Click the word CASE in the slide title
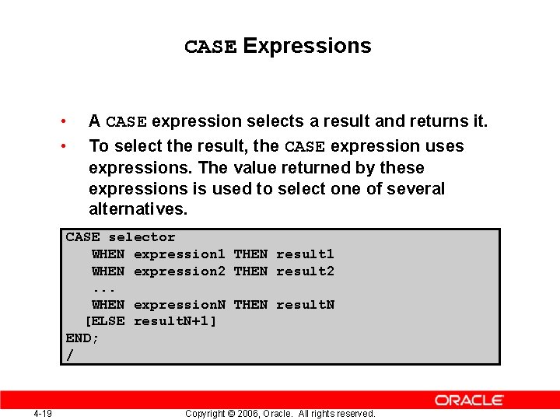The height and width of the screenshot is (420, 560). click(210, 47)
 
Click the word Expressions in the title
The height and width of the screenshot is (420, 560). click(307, 47)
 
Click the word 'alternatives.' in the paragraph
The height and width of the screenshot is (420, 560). click(138, 209)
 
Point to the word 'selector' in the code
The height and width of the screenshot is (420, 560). click(142, 237)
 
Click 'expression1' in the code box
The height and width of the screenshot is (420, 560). click(179, 254)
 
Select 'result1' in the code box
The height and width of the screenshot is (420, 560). click(305, 254)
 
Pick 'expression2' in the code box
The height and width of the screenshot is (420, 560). click(179, 271)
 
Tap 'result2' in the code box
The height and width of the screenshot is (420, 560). click(305, 271)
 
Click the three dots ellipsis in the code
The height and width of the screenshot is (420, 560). click(103, 289)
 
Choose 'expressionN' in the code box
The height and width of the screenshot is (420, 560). click(179, 305)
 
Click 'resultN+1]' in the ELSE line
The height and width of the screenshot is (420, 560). click(175, 321)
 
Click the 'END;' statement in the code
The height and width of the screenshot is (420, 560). click(82, 338)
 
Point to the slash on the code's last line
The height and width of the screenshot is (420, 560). click(70, 355)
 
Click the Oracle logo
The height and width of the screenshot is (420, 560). click(469, 400)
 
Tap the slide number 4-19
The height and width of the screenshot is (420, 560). click(43, 414)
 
